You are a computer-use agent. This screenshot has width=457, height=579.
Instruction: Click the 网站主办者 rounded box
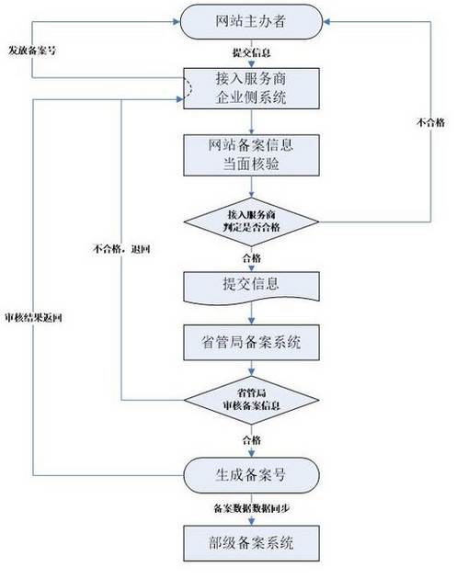pos(251,22)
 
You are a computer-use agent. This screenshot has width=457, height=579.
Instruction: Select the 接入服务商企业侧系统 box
pos(251,88)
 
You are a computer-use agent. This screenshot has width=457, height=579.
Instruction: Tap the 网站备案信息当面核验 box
pos(251,155)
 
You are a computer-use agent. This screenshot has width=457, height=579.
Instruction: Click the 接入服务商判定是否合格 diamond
pos(251,221)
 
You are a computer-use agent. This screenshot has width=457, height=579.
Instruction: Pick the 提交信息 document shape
pos(251,288)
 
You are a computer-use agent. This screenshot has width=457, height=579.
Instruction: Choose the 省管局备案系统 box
pos(251,342)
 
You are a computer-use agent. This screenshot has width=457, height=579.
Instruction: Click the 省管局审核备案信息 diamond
pos(251,400)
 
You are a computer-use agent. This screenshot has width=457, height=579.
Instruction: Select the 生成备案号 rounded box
pos(251,475)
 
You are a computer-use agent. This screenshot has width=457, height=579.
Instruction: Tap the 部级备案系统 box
pos(251,543)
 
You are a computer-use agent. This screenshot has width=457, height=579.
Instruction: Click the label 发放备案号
pos(32,51)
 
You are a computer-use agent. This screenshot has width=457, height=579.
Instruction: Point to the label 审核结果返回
pos(33,318)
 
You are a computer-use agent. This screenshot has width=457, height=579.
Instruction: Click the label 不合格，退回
pos(121,249)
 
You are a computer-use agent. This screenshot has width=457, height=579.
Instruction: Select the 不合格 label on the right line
pos(430,122)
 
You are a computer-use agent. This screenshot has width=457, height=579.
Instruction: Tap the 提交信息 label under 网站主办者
pos(251,52)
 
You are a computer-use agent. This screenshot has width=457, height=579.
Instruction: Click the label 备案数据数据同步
pos(251,508)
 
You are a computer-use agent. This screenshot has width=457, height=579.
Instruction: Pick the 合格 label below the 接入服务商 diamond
pos(252,257)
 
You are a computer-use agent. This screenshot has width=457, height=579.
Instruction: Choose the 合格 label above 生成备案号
pos(252,440)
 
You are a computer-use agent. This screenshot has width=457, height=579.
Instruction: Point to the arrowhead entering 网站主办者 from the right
pos(326,22)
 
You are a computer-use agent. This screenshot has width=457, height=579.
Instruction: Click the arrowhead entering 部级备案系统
pos(251,522)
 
